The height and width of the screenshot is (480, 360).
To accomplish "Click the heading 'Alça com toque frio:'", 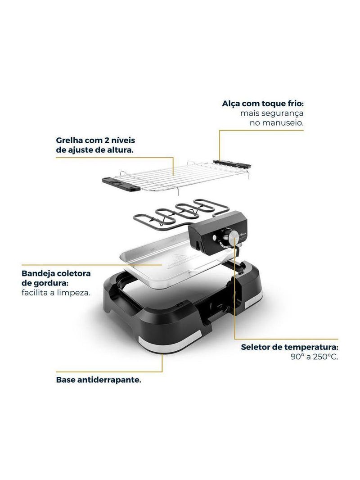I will pyautogui.click(x=263, y=104).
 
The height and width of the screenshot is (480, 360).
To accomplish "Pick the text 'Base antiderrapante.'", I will pyautogui.click(x=99, y=380).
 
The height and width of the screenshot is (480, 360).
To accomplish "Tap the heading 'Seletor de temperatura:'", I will pyautogui.click(x=289, y=347).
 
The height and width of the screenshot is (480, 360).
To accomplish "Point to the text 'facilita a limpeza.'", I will pyautogui.click(x=56, y=293).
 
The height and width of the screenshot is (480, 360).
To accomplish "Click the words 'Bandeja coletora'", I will pyautogui.click(x=56, y=273).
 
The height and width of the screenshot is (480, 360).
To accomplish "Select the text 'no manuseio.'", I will pyautogui.click(x=276, y=123).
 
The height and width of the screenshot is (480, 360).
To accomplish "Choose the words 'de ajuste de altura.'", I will pyautogui.click(x=95, y=150).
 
